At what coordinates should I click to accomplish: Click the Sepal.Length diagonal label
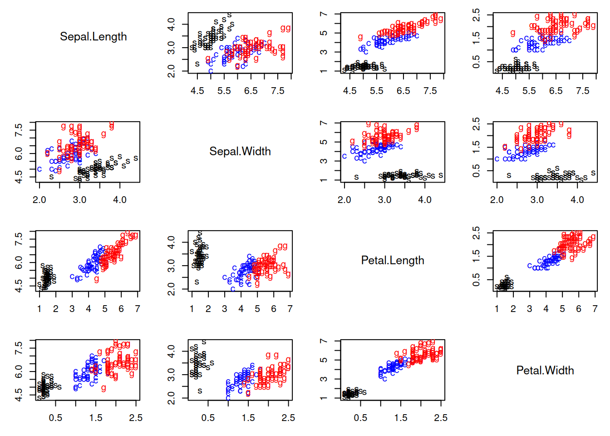(93, 36)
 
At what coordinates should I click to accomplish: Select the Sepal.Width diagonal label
(240, 151)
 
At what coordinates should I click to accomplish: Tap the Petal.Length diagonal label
(393, 260)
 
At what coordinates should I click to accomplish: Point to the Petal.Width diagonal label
(545, 370)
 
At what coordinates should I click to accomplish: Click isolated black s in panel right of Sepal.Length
(197, 64)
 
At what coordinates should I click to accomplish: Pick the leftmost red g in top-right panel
(512, 33)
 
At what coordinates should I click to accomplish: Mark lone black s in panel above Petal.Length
(356, 177)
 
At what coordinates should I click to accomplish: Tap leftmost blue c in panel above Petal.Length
(344, 156)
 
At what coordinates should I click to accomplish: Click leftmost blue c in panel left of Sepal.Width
(39, 169)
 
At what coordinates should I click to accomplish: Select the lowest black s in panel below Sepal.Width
(197, 282)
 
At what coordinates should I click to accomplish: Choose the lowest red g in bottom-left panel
(103, 388)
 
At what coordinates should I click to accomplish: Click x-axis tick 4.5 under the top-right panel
(502, 91)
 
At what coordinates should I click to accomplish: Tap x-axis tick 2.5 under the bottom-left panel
(136, 418)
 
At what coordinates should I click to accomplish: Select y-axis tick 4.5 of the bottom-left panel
(19, 394)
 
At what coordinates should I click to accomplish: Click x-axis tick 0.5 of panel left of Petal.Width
(360, 418)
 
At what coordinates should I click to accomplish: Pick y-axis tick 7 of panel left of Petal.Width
(324, 341)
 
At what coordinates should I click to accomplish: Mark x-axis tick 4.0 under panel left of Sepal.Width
(120, 200)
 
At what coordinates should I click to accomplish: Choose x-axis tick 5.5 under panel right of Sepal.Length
(224, 91)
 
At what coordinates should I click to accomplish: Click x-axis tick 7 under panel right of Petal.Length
(595, 309)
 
